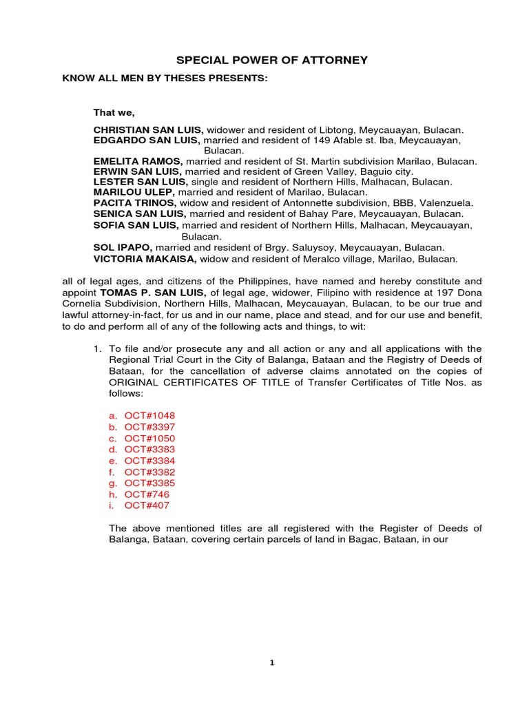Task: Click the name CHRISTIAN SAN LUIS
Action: (x=148, y=129)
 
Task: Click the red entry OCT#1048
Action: (x=149, y=416)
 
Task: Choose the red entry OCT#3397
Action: (x=149, y=427)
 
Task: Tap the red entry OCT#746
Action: (x=147, y=494)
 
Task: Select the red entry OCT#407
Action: (x=147, y=505)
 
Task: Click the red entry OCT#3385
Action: (x=149, y=483)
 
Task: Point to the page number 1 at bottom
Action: (x=271, y=663)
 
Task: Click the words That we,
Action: (x=114, y=112)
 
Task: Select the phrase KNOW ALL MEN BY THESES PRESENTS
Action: (x=165, y=78)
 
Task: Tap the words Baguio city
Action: (x=387, y=171)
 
